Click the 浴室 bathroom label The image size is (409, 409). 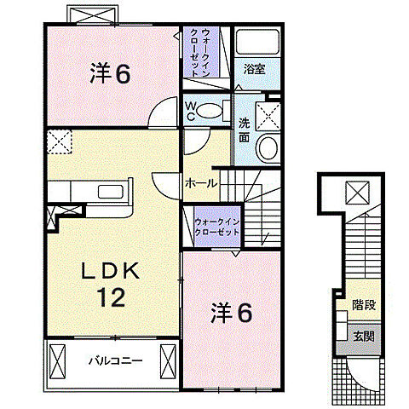(254, 69)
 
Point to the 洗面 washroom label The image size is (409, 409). (244, 128)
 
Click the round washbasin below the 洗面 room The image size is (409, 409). (267, 150)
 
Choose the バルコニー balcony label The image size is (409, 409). (114, 360)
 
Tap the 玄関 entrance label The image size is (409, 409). (364, 335)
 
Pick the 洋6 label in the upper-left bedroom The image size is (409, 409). (111, 74)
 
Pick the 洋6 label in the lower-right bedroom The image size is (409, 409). (231, 314)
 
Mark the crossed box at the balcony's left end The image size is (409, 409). (59, 360)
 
